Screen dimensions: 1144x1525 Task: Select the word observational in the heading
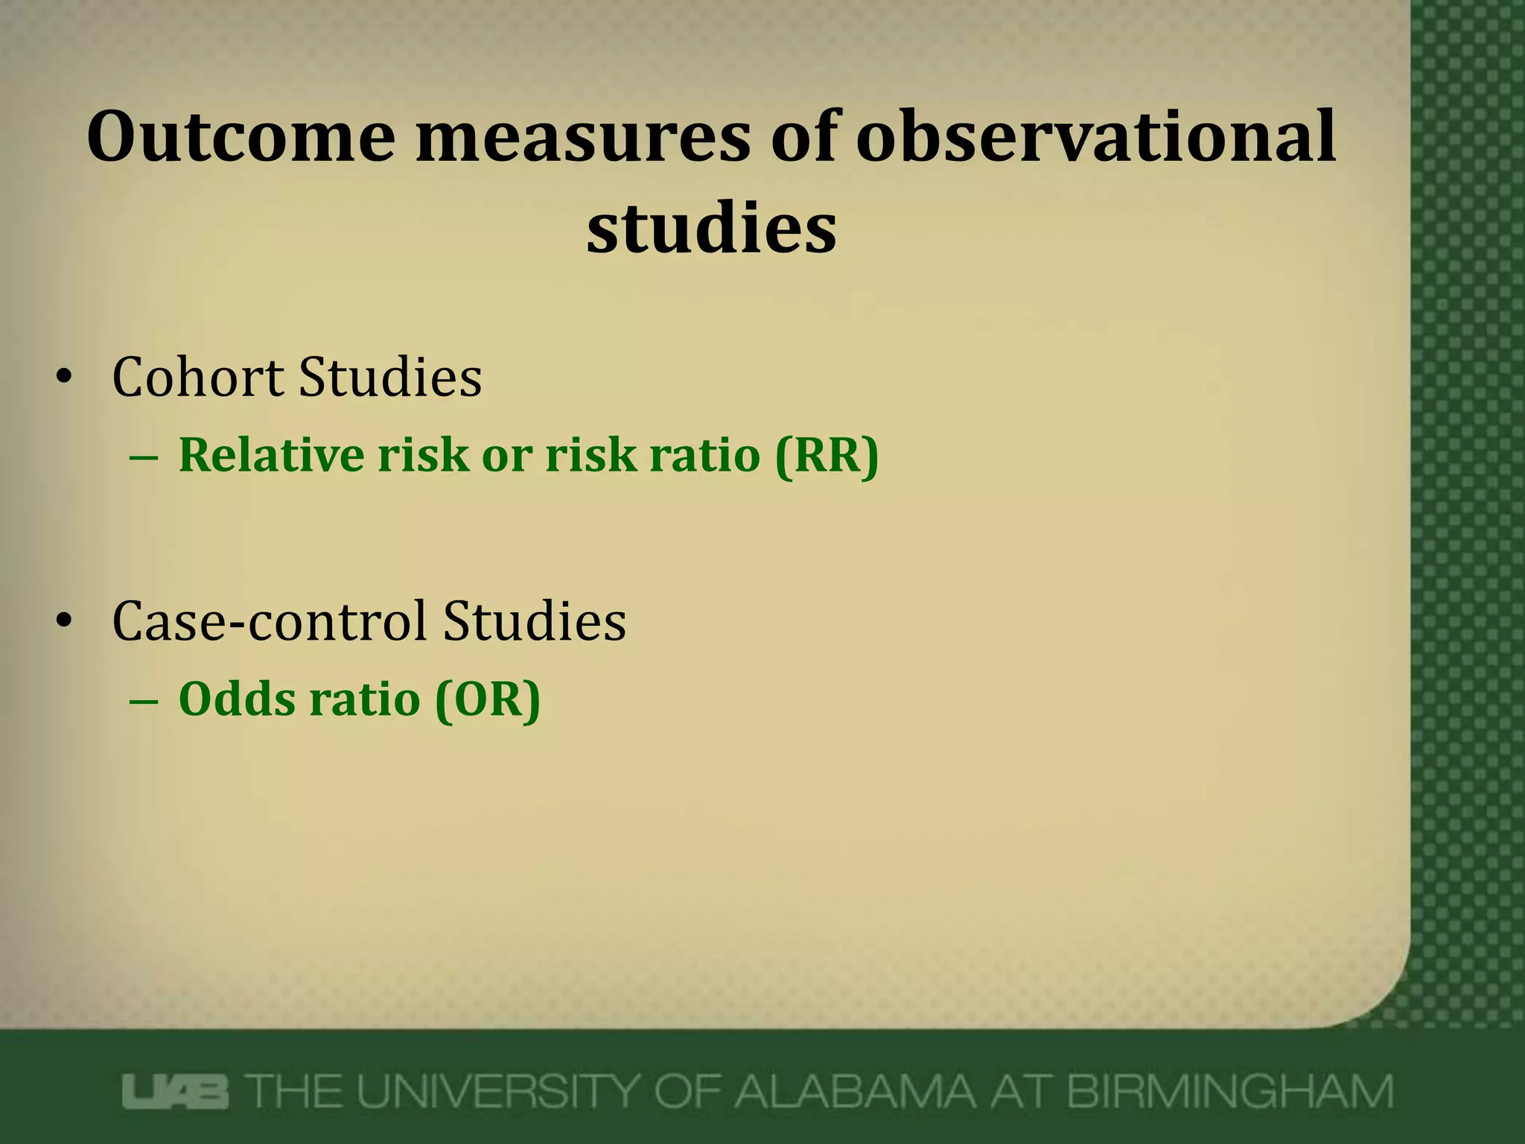[x=1095, y=138]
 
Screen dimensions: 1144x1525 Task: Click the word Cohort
[x=197, y=377]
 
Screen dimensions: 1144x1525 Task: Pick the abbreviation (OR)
[x=488, y=699]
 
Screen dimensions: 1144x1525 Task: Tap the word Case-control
[x=269, y=620]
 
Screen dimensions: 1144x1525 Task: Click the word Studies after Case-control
[x=534, y=620]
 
